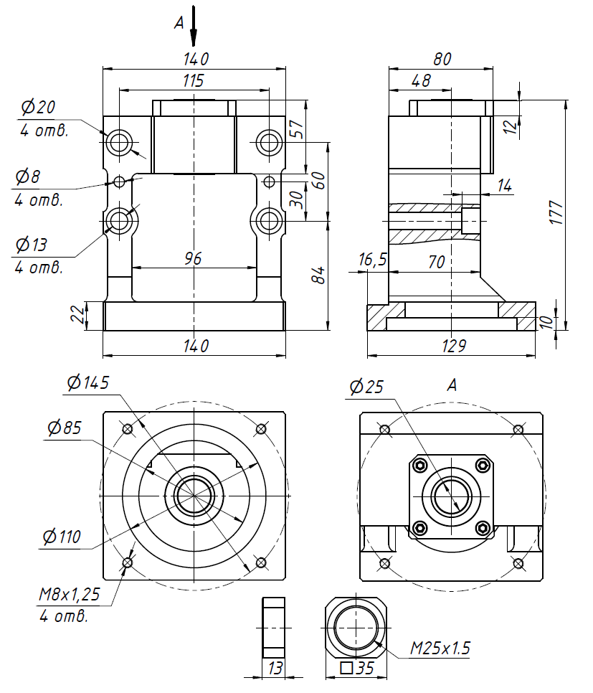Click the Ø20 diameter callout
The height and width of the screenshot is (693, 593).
click(39, 108)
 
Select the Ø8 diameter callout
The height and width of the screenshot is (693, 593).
click(31, 176)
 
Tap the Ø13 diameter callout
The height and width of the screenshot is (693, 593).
click(32, 245)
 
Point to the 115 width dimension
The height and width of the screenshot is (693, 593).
click(194, 80)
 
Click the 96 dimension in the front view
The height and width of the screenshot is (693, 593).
click(194, 258)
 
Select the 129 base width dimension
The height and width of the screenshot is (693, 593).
click(452, 346)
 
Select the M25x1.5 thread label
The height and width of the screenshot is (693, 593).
click(440, 649)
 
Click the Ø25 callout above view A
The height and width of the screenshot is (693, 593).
click(367, 387)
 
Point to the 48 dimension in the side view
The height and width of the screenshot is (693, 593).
click(422, 80)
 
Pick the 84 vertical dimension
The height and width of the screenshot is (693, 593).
click(320, 274)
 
